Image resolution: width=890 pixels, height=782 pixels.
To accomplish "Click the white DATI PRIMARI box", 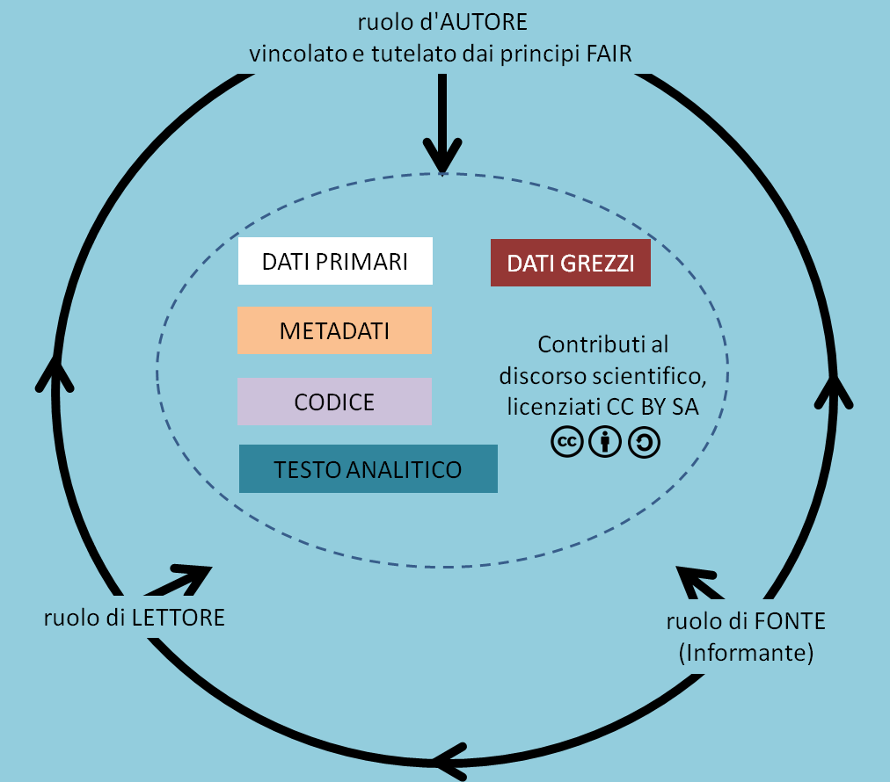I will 335,261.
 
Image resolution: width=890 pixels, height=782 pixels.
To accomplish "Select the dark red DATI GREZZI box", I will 570,263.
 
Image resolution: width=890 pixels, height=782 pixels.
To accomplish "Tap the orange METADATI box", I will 334,330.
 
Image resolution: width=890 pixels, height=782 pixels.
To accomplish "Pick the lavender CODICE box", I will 334,402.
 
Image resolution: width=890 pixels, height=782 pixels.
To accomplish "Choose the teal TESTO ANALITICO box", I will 368,469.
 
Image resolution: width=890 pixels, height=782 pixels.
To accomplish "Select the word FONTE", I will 790,621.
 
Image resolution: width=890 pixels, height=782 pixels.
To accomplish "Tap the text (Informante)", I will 746,653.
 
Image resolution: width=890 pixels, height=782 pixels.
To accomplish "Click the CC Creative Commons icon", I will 567,443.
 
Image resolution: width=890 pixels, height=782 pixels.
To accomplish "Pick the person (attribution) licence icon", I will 605,443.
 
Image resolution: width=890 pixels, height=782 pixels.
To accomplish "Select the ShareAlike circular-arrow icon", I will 644,443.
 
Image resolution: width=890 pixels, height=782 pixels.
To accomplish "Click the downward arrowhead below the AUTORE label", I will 442,159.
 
